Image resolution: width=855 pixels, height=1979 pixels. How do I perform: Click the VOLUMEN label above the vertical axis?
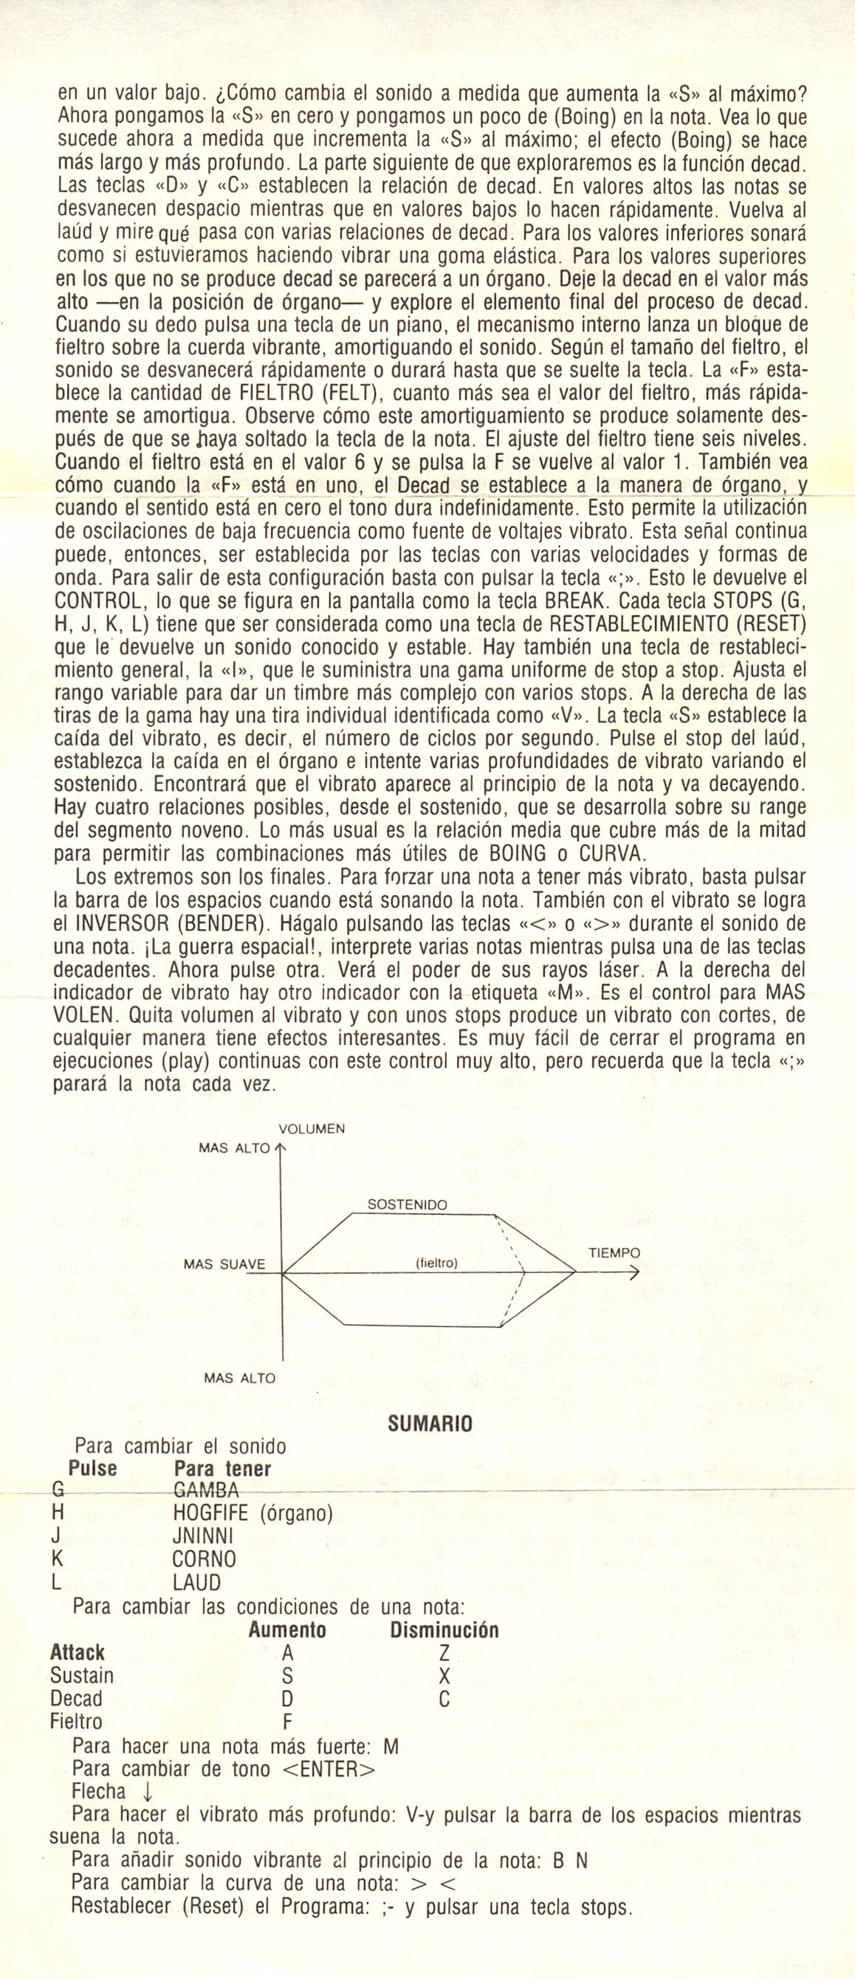click(311, 1128)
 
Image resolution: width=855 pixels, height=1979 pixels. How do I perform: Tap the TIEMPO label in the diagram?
click(614, 1253)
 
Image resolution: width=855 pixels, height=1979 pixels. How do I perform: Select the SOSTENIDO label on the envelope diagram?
click(407, 1204)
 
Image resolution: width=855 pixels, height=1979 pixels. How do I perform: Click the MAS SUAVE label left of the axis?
click(224, 1264)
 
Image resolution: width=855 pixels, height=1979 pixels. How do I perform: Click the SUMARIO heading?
click(430, 1424)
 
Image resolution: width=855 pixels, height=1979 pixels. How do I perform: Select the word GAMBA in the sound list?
click(207, 1491)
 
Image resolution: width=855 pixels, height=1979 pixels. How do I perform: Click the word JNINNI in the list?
click(204, 1537)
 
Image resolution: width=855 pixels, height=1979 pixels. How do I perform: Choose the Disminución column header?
click(444, 1630)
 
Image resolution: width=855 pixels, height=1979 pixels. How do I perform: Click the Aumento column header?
click(287, 1630)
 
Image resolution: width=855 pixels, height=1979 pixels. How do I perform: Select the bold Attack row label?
click(78, 1653)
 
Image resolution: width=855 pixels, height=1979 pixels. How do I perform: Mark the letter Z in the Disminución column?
click(443, 1653)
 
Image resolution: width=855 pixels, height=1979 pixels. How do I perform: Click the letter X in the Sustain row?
click(443, 1676)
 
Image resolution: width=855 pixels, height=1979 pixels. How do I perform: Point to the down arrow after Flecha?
click(148, 1792)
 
